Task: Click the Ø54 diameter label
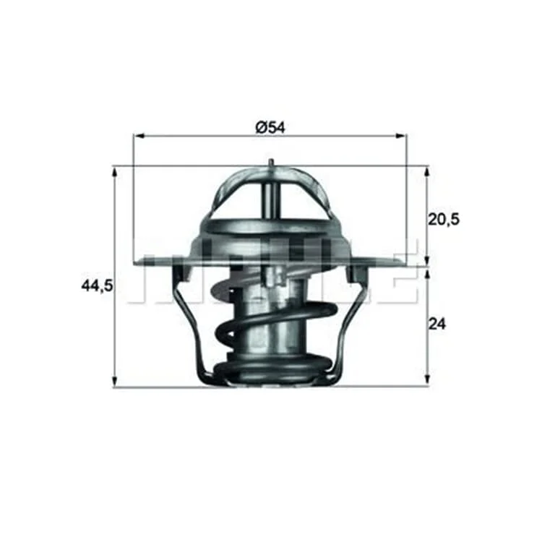pyautogui.click(x=271, y=127)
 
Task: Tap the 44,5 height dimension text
pyautogui.click(x=97, y=285)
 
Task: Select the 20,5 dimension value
pyautogui.click(x=444, y=219)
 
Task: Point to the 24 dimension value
pyautogui.click(x=437, y=324)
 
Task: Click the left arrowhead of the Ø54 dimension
pyautogui.click(x=138, y=136)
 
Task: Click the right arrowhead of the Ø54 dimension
pyautogui.click(x=402, y=136)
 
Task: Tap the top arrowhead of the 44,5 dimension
pyautogui.click(x=115, y=171)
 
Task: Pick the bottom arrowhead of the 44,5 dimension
pyautogui.click(x=115, y=382)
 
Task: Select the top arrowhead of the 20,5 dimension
pyautogui.click(x=428, y=171)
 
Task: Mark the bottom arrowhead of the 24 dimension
pyautogui.click(x=428, y=379)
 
